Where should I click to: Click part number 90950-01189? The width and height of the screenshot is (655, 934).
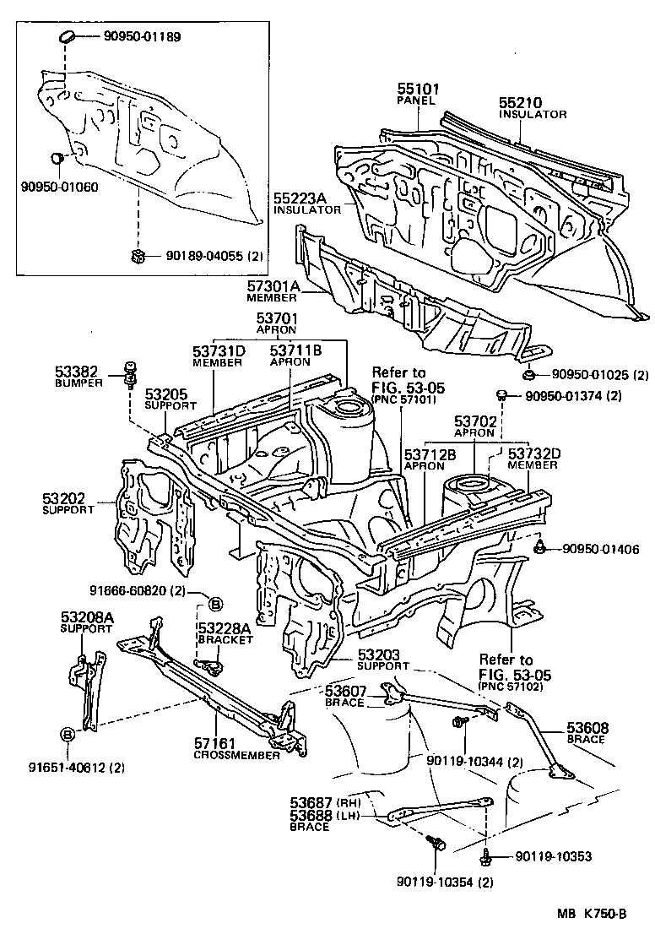point(143,37)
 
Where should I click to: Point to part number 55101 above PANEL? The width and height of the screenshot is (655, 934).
point(416,89)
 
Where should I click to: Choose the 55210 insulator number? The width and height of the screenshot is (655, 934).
point(520,103)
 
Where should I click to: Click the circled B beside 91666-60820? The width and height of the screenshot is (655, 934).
point(214,603)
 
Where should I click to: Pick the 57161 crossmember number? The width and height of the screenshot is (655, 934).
point(215,744)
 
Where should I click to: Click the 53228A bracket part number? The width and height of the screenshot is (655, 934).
point(224,628)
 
